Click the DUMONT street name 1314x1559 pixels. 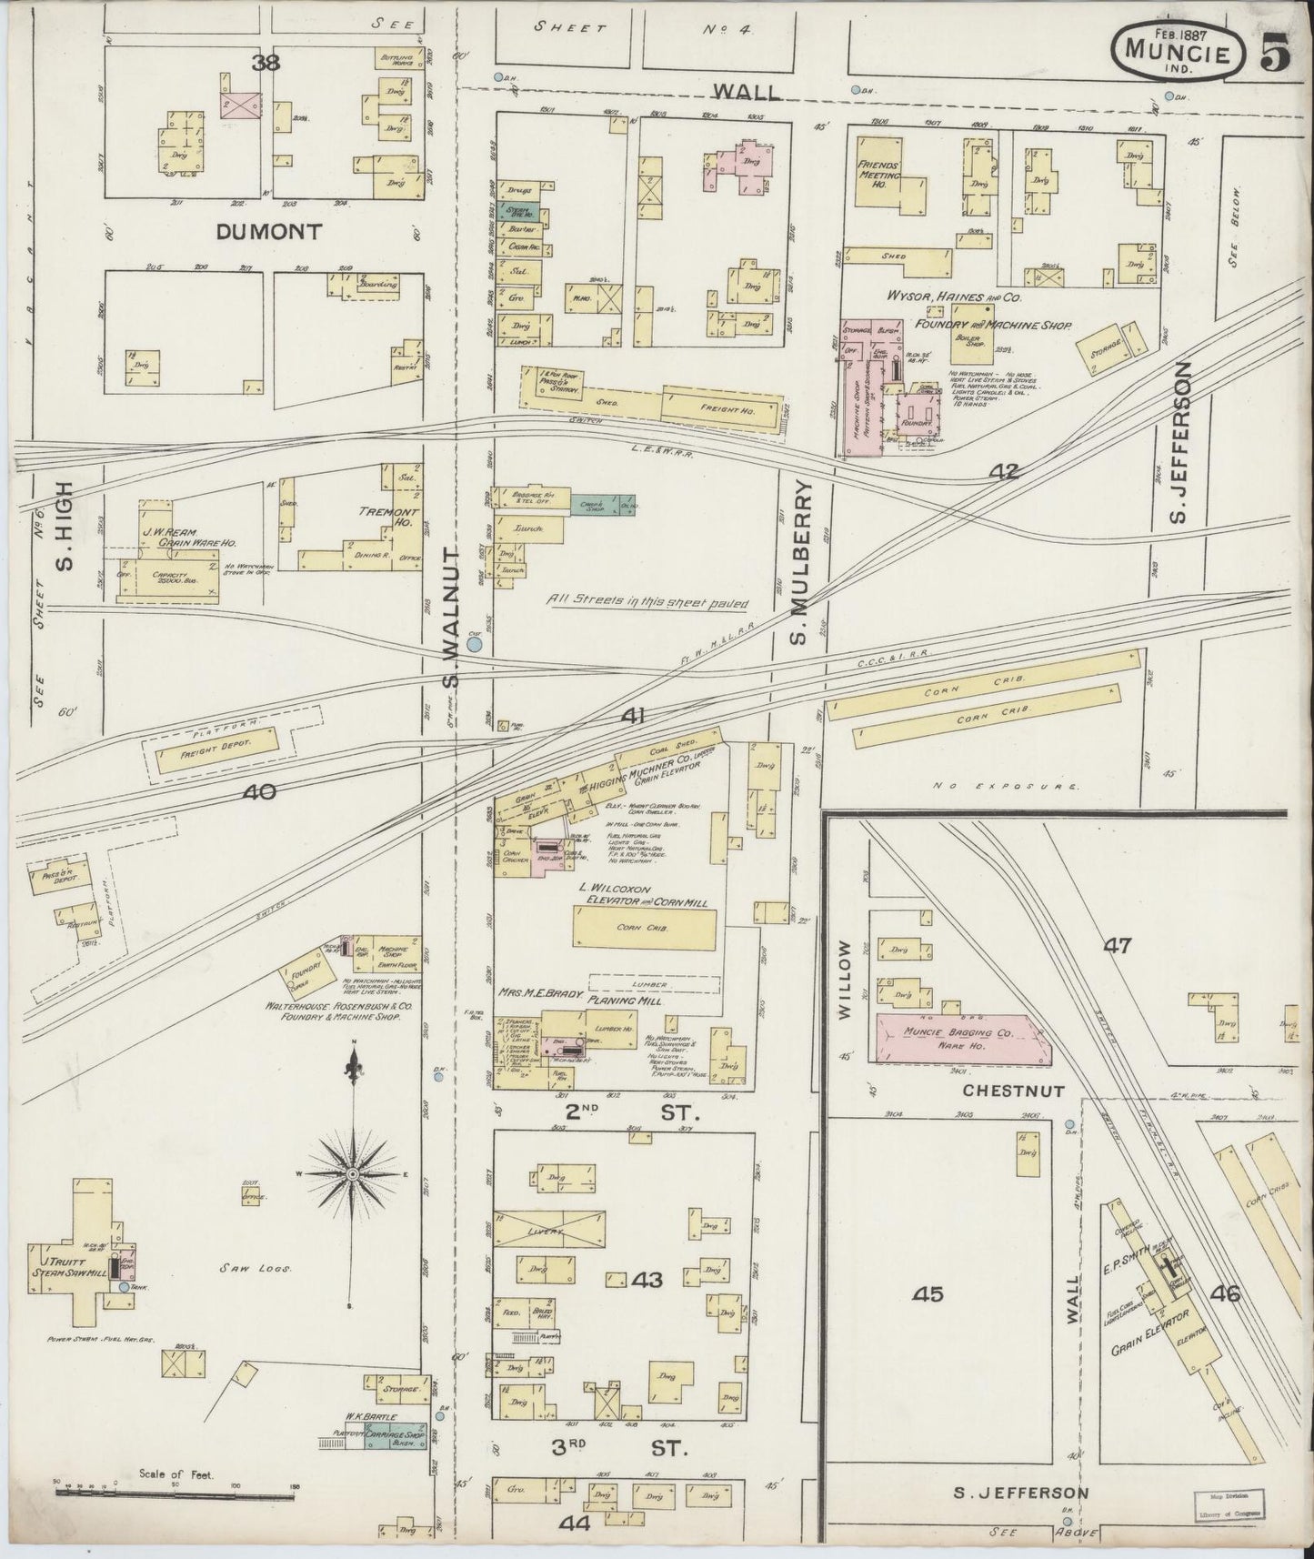coord(269,232)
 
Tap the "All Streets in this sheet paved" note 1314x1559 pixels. coord(647,601)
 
